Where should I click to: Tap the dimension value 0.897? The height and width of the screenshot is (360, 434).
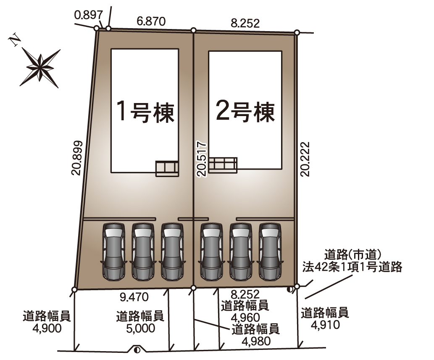[89, 15]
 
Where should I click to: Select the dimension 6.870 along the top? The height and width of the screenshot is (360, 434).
[151, 21]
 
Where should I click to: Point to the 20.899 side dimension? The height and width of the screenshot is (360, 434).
[77, 158]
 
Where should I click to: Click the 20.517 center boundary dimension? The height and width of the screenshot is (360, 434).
[202, 159]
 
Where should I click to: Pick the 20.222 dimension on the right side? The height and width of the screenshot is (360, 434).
[305, 159]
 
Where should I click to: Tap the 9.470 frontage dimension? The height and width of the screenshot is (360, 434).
[134, 297]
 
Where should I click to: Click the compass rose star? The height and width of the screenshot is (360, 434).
[40, 68]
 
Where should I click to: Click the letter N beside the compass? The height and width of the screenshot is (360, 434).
[15, 40]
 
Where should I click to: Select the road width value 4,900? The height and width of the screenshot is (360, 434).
[47, 328]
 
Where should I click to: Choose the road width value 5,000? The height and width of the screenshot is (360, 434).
[140, 328]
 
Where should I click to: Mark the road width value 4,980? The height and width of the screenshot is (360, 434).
[256, 341]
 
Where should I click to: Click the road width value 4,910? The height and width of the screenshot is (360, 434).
[325, 325]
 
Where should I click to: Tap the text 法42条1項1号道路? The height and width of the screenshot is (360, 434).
[352, 267]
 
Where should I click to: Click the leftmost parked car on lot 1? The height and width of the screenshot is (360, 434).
[113, 251]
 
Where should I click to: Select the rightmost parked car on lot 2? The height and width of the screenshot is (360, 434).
[270, 251]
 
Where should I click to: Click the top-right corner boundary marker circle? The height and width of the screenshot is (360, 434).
[297, 32]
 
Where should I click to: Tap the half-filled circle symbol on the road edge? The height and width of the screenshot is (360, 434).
[137, 350]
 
